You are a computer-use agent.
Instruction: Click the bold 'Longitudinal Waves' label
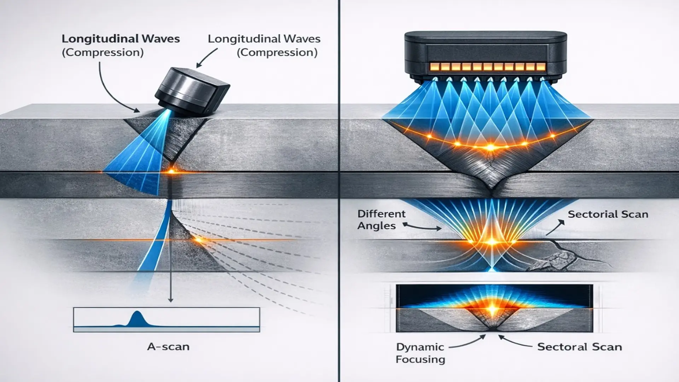[121, 39]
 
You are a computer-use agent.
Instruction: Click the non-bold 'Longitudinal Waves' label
[264, 39]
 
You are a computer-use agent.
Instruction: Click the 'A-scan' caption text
[168, 347]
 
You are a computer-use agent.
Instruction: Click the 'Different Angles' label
[381, 220]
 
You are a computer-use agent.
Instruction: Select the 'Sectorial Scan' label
[608, 214]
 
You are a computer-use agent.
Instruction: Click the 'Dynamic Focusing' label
[420, 353]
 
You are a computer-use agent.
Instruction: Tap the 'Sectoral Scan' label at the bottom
[579, 347]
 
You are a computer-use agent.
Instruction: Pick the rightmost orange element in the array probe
[540, 67]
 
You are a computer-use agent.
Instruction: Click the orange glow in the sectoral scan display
[492, 310]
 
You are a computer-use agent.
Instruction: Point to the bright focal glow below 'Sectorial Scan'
[492, 242]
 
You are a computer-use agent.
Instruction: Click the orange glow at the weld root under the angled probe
[171, 172]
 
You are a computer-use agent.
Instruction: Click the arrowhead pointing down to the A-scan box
[170, 300]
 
